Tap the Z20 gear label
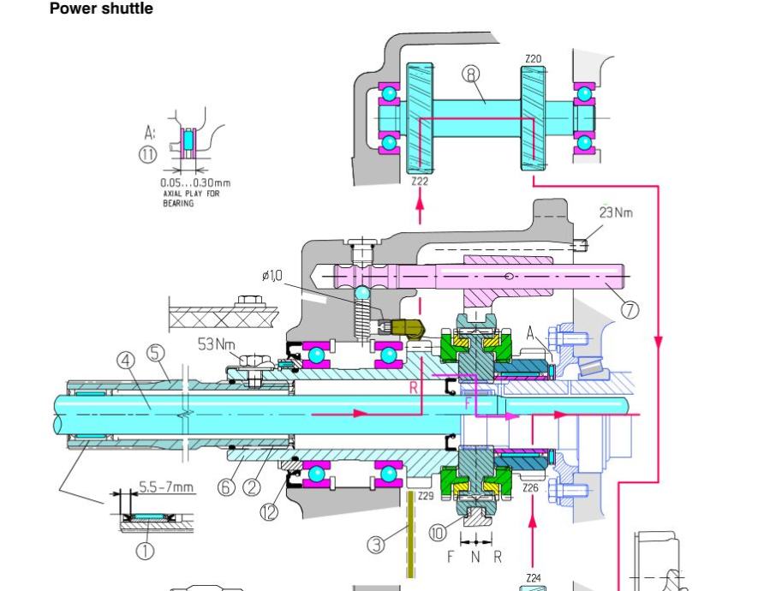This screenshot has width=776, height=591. pyautogui.click(x=533, y=60)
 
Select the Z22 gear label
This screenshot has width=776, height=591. pyautogui.click(x=419, y=182)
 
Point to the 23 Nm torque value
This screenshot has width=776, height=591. pyautogui.click(x=617, y=212)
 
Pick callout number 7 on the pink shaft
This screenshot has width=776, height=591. pyautogui.click(x=630, y=309)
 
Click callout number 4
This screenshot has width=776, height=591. pyautogui.click(x=127, y=361)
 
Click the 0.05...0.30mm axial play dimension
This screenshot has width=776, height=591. pyautogui.click(x=194, y=182)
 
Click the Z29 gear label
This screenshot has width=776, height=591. pyautogui.click(x=427, y=495)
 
